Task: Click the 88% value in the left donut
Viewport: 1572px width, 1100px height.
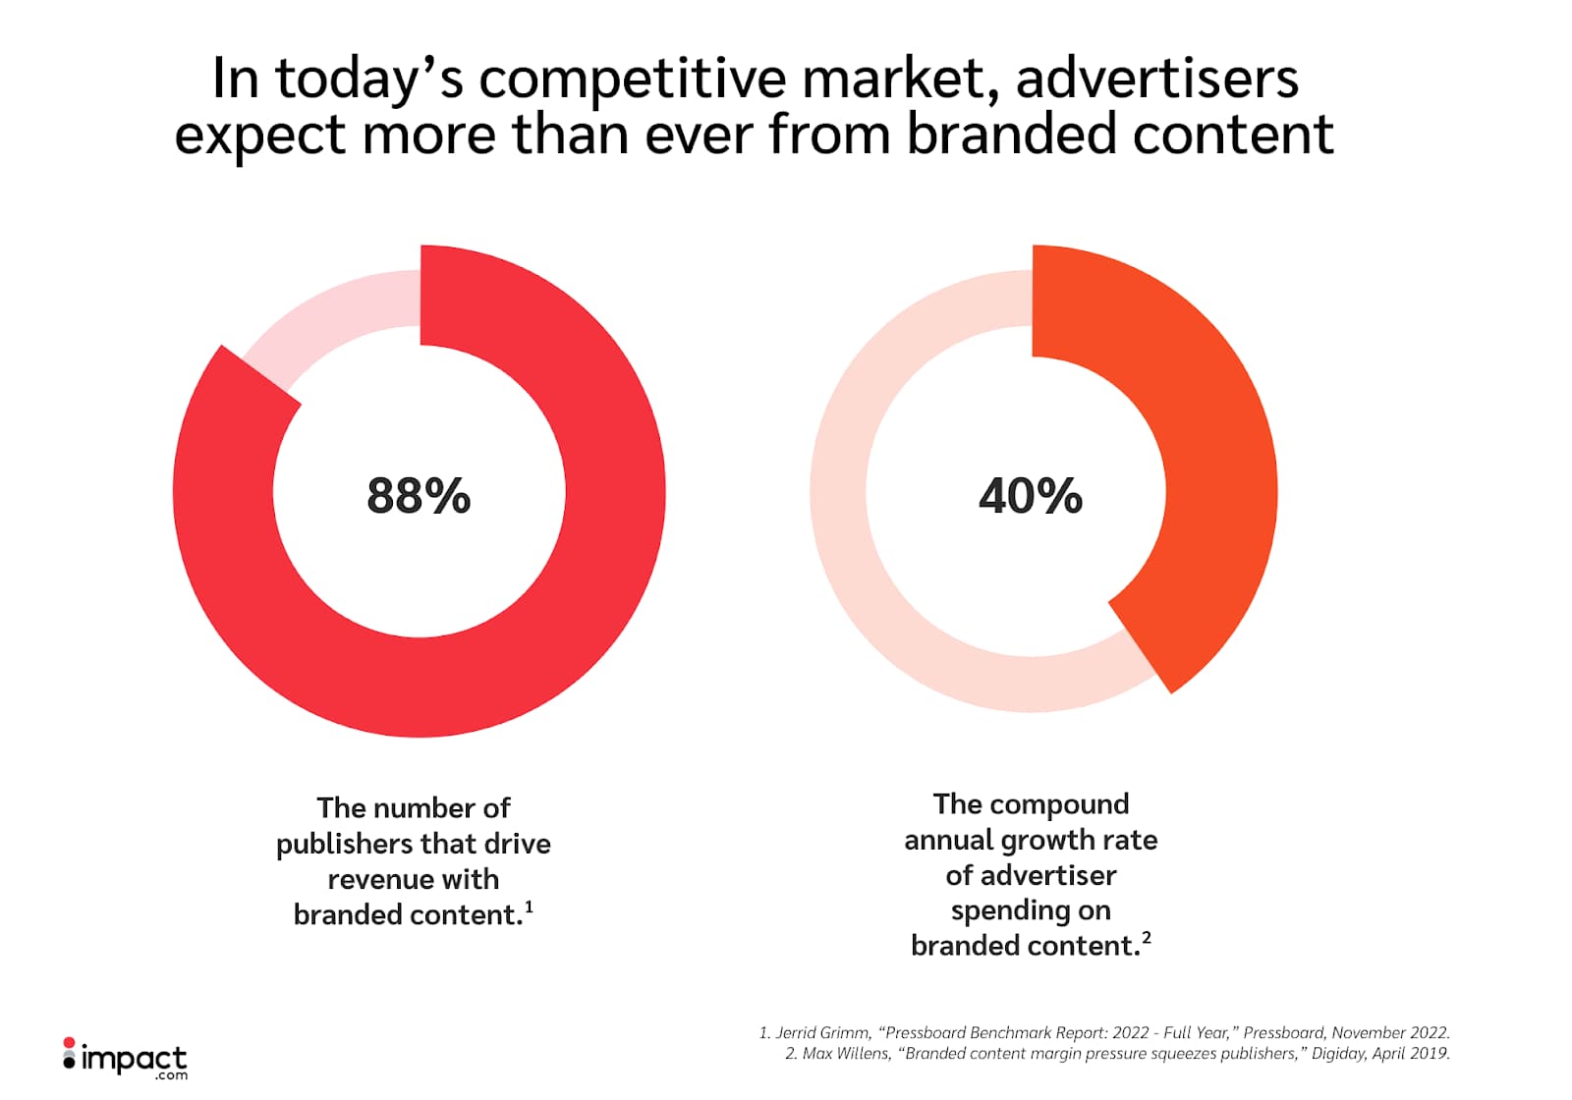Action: (419, 496)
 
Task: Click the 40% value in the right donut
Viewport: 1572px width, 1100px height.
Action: (1030, 496)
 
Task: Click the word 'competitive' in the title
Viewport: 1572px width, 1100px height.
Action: (633, 79)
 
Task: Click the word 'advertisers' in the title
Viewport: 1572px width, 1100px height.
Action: (1156, 79)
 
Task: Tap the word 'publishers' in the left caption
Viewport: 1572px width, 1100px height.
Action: (344, 844)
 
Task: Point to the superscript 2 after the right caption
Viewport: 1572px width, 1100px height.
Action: (1146, 937)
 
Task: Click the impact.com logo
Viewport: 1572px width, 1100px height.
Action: (125, 1059)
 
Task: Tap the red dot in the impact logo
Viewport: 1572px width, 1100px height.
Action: (69, 1042)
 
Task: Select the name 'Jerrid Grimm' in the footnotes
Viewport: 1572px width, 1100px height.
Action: (822, 1032)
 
